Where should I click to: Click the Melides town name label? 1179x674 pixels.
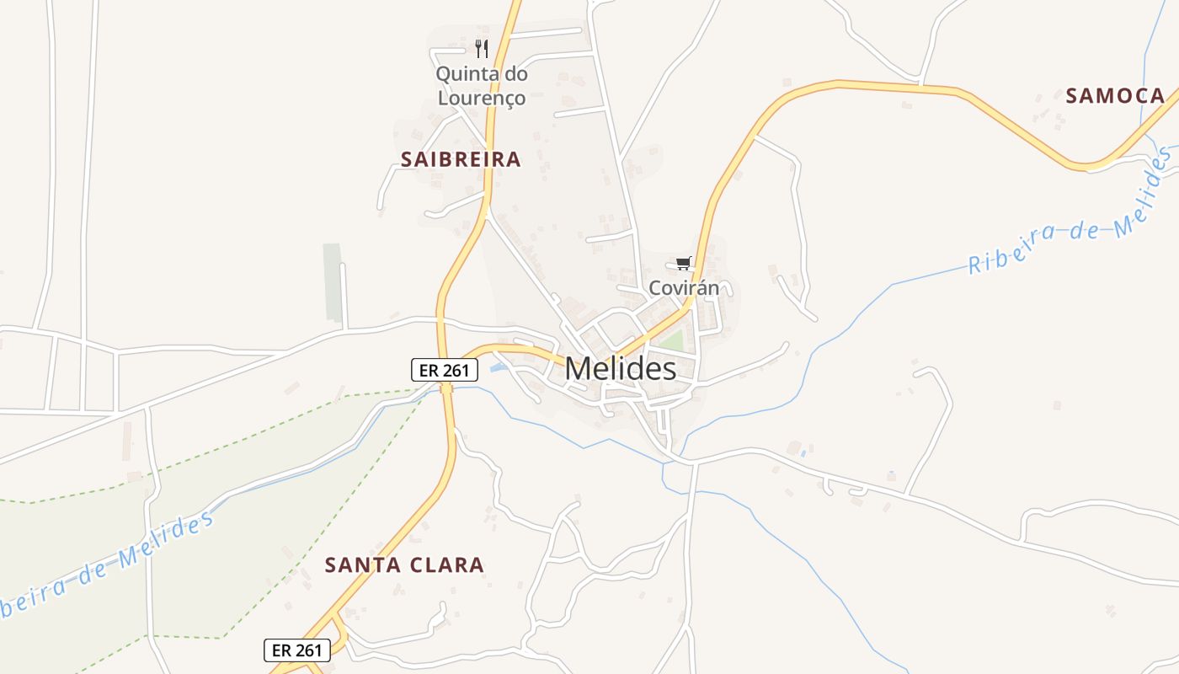(620, 368)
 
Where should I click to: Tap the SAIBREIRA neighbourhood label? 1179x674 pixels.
(461, 159)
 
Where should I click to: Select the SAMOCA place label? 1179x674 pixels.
(1115, 96)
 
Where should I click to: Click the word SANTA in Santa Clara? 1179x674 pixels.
(362, 564)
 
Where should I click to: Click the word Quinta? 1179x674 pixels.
(462, 74)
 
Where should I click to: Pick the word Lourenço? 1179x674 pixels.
(481, 98)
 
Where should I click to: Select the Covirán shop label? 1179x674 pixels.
(684, 288)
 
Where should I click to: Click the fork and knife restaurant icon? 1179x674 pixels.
(481, 48)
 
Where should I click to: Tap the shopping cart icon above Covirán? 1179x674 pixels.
(683, 264)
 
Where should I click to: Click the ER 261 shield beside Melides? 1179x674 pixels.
(445, 369)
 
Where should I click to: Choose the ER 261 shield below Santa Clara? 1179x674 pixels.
(297, 650)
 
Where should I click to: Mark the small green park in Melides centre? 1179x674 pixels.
(672, 341)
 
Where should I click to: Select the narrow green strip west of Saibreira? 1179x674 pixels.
(333, 282)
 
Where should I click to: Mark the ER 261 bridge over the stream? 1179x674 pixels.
(446, 388)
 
